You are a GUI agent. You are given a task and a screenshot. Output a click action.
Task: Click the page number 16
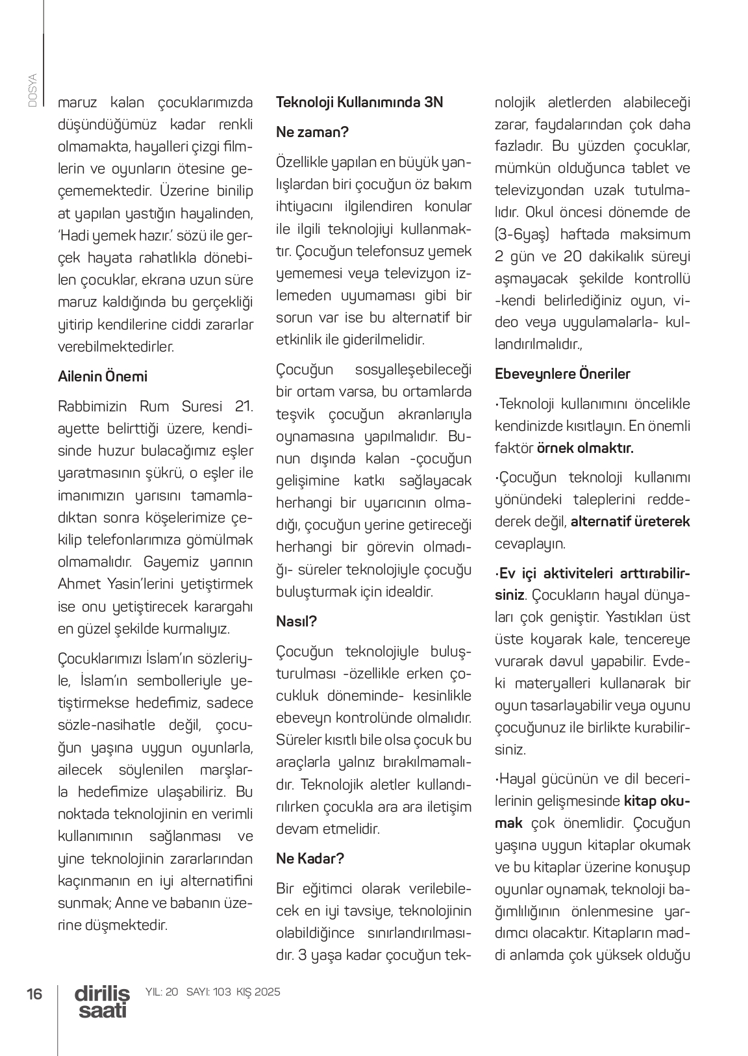pos(34,994)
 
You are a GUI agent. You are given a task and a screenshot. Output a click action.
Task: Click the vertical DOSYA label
pos(32,90)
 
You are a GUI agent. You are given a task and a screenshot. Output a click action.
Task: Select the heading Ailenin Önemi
pos(103,377)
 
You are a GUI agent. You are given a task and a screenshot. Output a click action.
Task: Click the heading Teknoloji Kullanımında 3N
pos(359,102)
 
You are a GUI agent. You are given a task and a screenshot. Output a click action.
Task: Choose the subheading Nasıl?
pos(296,621)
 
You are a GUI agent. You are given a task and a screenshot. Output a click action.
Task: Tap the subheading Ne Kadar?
pos(310,858)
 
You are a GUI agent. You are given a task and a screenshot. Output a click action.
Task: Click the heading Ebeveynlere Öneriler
pos(562,374)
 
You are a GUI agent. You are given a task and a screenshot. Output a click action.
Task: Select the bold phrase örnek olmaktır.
pos(585,448)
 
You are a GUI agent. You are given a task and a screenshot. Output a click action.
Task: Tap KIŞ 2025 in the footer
pos(258,992)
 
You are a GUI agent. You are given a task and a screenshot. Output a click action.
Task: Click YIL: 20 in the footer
pos(162,992)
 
